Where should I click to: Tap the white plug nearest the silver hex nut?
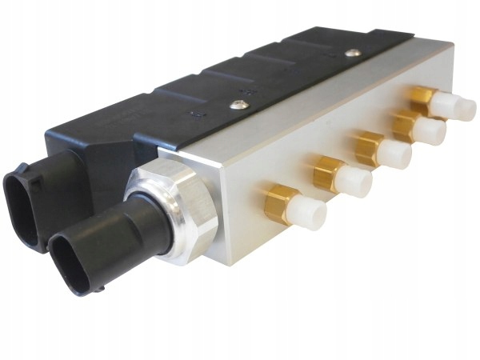[306, 211]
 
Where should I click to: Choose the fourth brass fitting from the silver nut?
[406, 124]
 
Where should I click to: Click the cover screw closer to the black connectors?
[234, 104]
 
